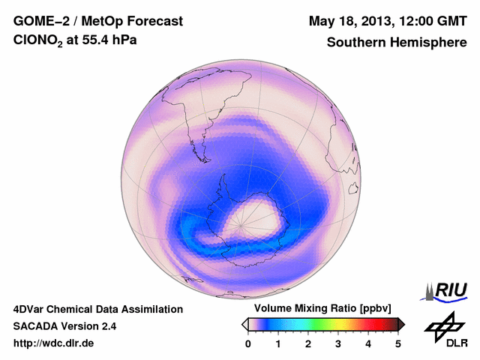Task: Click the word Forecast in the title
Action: click(x=153, y=21)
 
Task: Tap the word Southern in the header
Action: click(x=354, y=43)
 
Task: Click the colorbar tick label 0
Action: click(x=248, y=343)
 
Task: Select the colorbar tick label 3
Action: click(x=338, y=343)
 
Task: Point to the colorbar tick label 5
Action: click(x=398, y=343)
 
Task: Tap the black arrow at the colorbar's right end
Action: click(x=401, y=324)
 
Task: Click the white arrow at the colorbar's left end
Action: click(x=244, y=324)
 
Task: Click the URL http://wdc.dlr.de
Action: click(x=55, y=344)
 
